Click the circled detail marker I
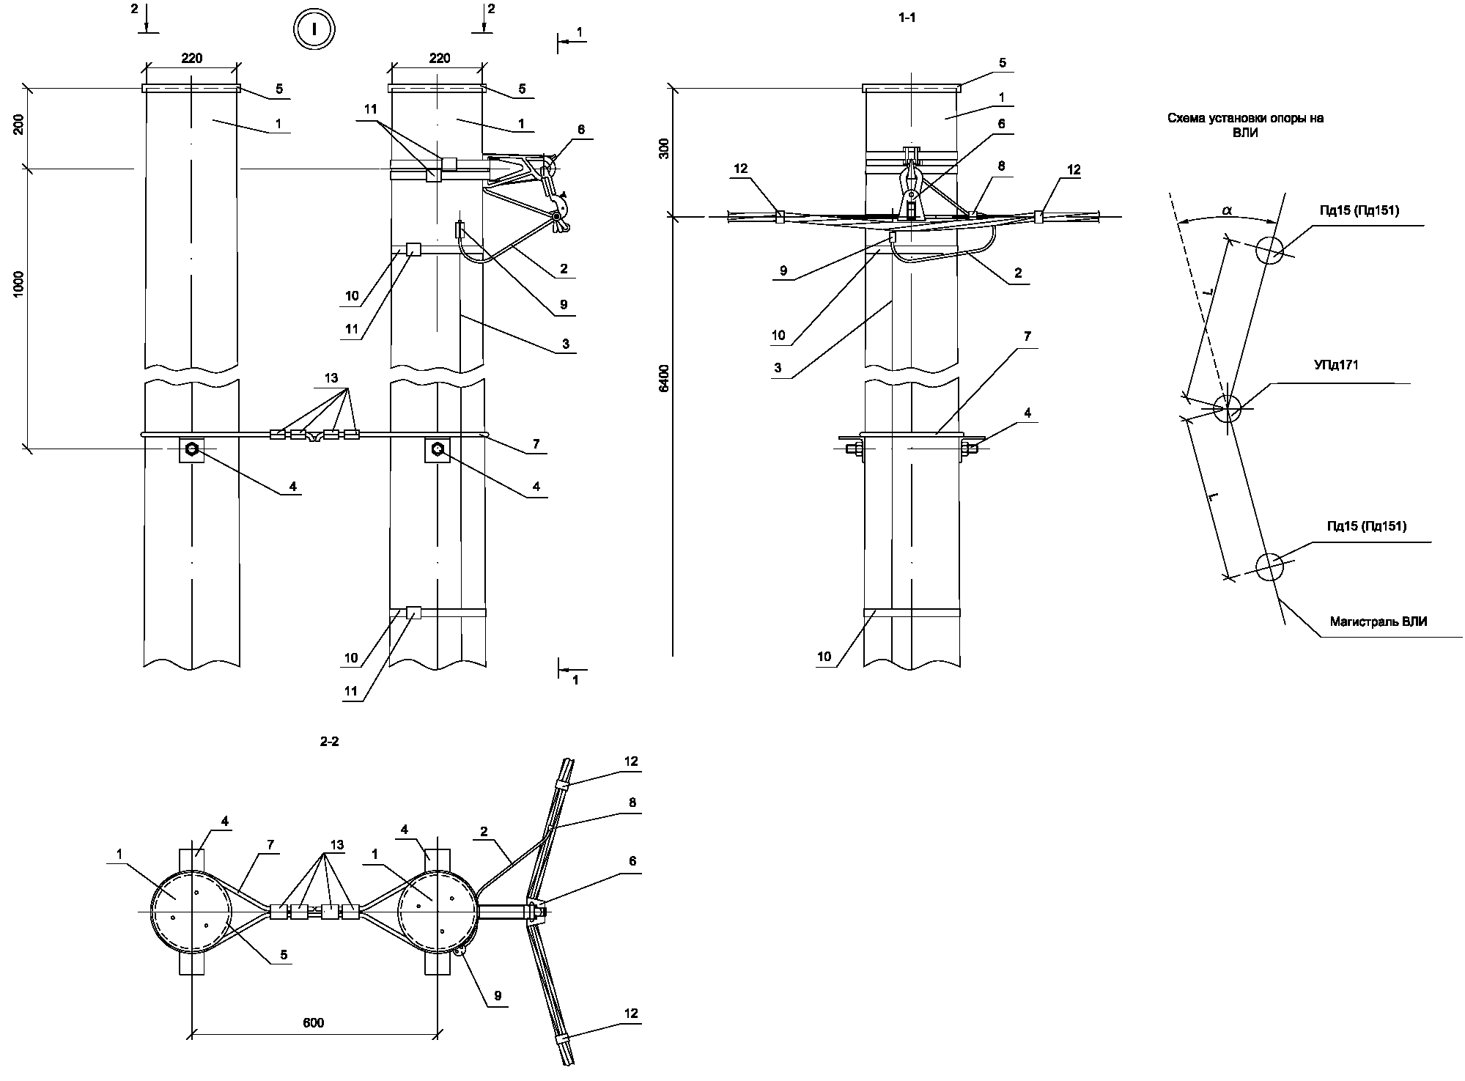pyautogui.click(x=314, y=30)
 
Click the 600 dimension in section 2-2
pyautogui.click(x=313, y=1022)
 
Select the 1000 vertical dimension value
pyautogui.click(x=18, y=284)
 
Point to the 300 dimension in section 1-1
pyautogui.click(x=664, y=150)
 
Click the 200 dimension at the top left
pyautogui.click(x=18, y=125)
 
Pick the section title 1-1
pyautogui.click(x=907, y=18)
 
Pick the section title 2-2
pyautogui.click(x=330, y=741)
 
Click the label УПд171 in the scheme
pyautogui.click(x=1336, y=364)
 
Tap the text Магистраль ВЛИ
pyautogui.click(x=1379, y=621)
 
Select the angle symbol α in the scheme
pyautogui.click(x=1226, y=211)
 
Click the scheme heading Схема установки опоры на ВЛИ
pyautogui.click(x=1245, y=125)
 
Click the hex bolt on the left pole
pyautogui.click(x=192, y=449)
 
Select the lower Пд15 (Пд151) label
pyautogui.click(x=1367, y=525)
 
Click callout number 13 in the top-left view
pyautogui.click(x=331, y=378)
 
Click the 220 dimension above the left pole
pyautogui.click(x=192, y=58)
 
